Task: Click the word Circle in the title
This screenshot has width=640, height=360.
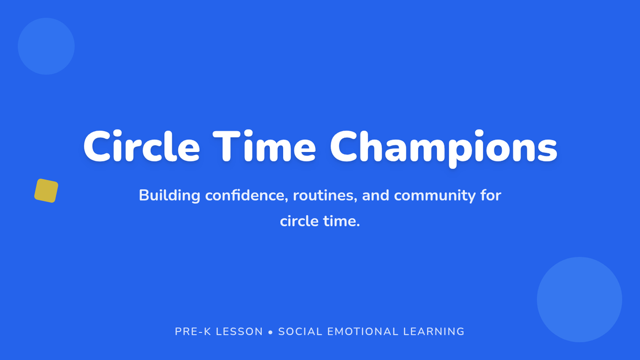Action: pyautogui.click(x=141, y=146)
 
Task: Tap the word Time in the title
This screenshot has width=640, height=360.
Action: pyautogui.click(x=265, y=146)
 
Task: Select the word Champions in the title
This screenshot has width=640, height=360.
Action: pyautogui.click(x=444, y=149)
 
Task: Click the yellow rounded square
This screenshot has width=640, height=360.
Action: pyautogui.click(x=46, y=190)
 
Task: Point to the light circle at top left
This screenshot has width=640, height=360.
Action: pyautogui.click(x=46, y=46)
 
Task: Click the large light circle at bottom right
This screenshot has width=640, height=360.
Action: pyautogui.click(x=579, y=299)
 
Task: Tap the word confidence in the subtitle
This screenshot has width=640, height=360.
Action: pyautogui.click(x=246, y=195)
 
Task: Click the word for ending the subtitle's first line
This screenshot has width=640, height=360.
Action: pyautogui.click(x=491, y=195)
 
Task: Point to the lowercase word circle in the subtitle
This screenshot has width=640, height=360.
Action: pyautogui.click(x=299, y=221)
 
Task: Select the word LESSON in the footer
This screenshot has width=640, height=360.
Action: pyautogui.click(x=239, y=331)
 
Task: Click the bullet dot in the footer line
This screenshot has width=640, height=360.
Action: pyautogui.click(x=270, y=332)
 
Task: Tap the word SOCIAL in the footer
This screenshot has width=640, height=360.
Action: pyautogui.click(x=300, y=331)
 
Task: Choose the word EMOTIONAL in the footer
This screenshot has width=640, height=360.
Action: pyautogui.click(x=363, y=331)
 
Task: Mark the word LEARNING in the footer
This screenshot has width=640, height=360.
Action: pyautogui.click(x=434, y=331)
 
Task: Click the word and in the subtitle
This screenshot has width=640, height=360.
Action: pyautogui.click(x=375, y=195)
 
